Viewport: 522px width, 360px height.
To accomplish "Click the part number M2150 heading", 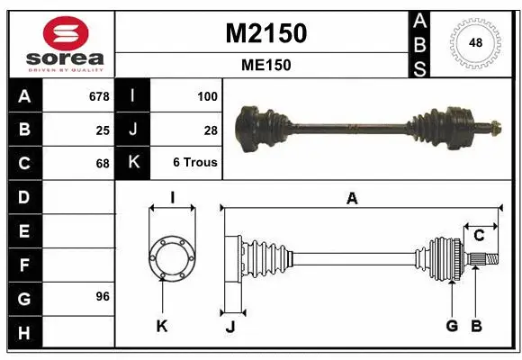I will tap(265, 33).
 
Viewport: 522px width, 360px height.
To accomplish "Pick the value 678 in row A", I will tap(99, 95).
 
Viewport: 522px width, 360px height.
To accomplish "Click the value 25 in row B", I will tap(102, 130).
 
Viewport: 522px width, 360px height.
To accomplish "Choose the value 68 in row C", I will tap(102, 164).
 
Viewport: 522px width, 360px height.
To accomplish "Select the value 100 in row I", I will tap(207, 95).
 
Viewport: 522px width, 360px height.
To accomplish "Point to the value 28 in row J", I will tap(211, 130).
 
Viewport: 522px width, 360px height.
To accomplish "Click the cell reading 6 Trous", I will tap(195, 164).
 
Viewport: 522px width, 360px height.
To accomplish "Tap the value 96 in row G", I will tap(102, 296).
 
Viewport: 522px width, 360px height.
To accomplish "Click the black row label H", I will tap(23, 332).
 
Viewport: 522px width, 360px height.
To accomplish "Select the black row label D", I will tap(23, 197).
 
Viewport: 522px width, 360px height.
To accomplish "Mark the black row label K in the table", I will tap(132, 163).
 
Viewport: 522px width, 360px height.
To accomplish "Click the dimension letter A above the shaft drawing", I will tap(352, 199).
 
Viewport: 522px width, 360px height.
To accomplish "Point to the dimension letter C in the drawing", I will tap(479, 235).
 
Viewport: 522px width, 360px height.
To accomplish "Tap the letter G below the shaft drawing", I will tap(452, 326).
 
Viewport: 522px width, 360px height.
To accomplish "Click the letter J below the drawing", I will tap(229, 327).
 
